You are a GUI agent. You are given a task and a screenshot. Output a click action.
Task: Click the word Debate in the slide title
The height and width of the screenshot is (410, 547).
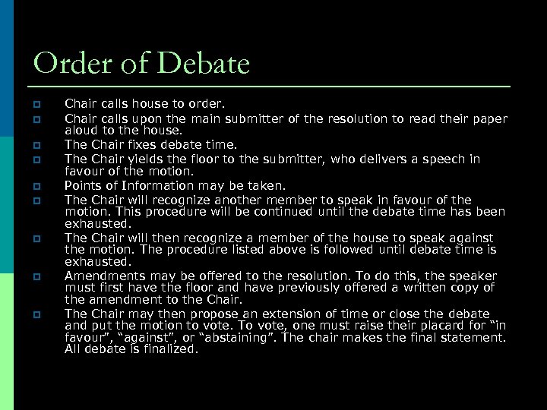point(204,64)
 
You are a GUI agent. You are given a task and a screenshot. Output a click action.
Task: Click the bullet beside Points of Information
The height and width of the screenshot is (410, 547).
point(36,186)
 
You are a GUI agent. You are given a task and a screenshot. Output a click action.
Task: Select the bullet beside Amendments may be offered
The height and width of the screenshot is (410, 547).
point(36,276)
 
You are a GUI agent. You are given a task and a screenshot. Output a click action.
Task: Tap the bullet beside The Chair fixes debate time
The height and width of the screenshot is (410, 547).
point(36,144)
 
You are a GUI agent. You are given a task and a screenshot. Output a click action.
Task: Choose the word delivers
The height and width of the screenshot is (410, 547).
point(394,159)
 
